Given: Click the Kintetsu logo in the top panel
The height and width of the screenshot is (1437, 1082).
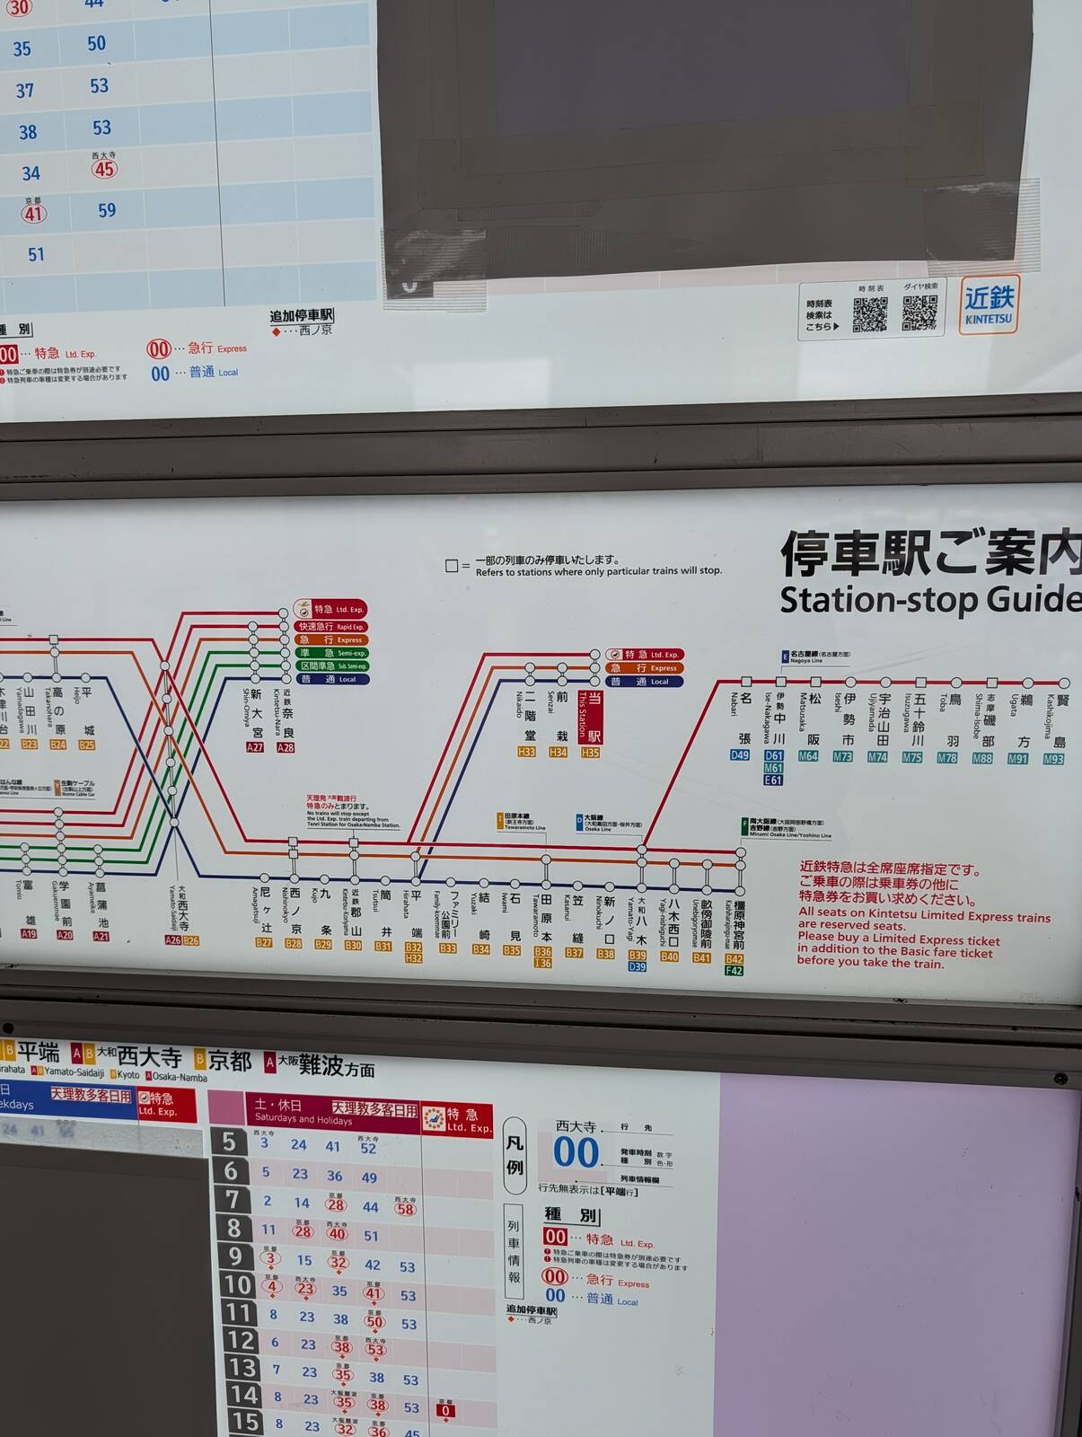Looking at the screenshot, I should (x=989, y=304).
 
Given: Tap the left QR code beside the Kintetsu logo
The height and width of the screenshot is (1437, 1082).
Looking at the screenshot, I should (x=869, y=313).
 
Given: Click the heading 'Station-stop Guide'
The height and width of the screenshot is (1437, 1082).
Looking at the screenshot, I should (x=929, y=599).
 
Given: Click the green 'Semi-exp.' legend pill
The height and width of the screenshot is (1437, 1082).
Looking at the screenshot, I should (x=332, y=653).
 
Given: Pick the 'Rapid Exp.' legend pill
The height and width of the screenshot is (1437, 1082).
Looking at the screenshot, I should (x=332, y=626).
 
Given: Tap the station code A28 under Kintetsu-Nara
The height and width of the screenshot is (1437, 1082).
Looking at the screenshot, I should (x=286, y=747).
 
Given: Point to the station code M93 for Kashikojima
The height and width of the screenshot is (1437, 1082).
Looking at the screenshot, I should (x=1052, y=759).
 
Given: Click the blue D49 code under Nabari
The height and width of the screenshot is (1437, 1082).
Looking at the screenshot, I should (x=739, y=755).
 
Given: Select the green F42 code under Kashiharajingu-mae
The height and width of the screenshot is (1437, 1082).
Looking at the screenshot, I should (x=734, y=970).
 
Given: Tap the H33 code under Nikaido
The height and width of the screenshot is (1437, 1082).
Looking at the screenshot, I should (x=526, y=752).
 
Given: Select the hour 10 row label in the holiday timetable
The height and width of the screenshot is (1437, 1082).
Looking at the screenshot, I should (x=237, y=1284).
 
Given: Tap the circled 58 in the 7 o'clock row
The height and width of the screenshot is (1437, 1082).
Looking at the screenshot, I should (x=405, y=1209).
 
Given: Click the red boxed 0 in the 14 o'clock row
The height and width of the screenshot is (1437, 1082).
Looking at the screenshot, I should (x=445, y=1410).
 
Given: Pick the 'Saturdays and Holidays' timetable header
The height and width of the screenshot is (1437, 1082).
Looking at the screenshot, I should (x=303, y=1112).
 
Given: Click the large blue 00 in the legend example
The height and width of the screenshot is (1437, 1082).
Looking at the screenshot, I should (x=575, y=1152).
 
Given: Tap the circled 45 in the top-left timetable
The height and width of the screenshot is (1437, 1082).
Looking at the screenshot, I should (x=104, y=169).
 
